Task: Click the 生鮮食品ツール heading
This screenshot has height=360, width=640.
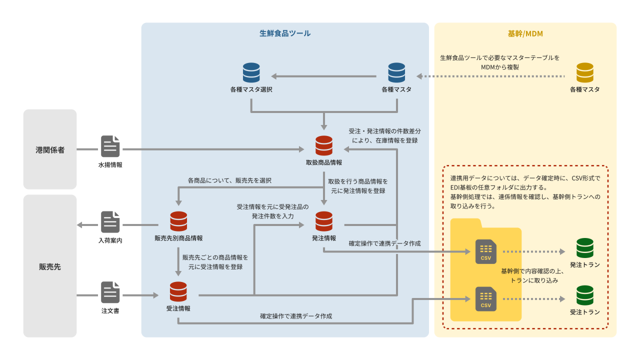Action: click(285, 33)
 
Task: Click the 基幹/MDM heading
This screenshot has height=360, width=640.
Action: click(525, 33)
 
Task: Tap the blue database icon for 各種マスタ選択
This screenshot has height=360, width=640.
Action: click(251, 72)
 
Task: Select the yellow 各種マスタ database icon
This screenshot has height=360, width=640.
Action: click(584, 72)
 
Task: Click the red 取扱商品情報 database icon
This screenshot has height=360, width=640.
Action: click(324, 145)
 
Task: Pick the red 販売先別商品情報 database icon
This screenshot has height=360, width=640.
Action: click(178, 221)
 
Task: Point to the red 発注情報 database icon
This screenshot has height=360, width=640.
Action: click(324, 221)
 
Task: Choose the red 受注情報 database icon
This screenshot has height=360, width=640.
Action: click(178, 292)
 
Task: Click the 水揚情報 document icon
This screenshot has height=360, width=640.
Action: click(110, 146)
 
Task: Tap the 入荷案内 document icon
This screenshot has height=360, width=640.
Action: click(110, 221)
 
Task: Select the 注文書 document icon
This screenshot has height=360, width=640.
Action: click(110, 292)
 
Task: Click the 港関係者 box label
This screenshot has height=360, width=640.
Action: click(50, 149)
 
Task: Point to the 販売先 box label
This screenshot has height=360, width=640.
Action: click(50, 266)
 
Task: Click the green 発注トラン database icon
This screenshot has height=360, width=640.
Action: click(584, 248)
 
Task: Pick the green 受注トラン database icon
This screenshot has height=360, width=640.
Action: click(584, 295)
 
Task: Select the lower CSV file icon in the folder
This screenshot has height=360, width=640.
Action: click(485, 299)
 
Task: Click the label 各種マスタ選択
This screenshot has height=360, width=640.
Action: click(251, 89)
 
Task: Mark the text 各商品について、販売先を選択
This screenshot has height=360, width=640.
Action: click(229, 180)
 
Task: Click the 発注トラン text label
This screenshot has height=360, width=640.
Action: click(584, 264)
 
